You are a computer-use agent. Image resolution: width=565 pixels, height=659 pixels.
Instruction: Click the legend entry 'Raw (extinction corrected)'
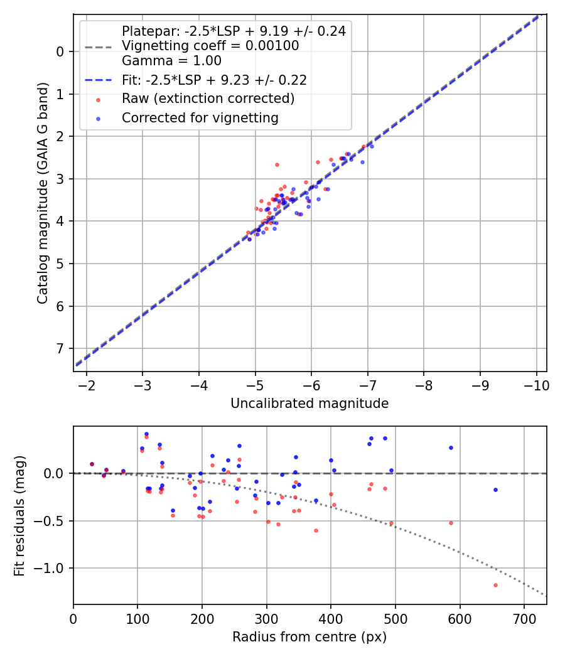pos(208,99)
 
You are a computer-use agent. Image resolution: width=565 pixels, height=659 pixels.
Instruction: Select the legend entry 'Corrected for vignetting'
pos(200,117)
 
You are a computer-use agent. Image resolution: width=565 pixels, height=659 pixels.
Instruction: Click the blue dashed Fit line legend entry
pos(213,80)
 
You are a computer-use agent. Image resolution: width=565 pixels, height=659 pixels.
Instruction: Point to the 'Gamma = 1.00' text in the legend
pos(171,61)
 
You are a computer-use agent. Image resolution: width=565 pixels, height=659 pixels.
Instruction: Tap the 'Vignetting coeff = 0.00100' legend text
pos(210,46)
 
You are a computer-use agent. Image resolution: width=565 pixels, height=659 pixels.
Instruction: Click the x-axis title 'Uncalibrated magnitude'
pos(309,404)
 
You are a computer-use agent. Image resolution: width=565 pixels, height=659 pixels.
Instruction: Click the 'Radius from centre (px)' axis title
pos(309,637)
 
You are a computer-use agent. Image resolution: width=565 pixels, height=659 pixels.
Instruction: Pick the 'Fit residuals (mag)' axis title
pos(20,515)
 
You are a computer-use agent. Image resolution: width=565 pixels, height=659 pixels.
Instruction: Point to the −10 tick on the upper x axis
pos(536,385)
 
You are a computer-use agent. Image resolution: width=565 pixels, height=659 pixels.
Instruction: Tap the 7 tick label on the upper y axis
pos(60,348)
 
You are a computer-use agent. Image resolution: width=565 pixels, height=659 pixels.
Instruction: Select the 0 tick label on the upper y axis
pos(60,51)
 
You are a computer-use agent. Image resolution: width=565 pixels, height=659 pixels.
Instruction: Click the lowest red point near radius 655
pos(495,585)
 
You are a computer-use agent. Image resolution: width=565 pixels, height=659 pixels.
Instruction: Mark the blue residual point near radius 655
pos(495,490)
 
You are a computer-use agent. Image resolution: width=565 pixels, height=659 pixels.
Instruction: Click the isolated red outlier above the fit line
pos(277,164)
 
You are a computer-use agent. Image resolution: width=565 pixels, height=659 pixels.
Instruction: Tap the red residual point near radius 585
pos(451,523)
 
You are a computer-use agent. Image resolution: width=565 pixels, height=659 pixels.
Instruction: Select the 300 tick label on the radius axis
pos(267,618)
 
